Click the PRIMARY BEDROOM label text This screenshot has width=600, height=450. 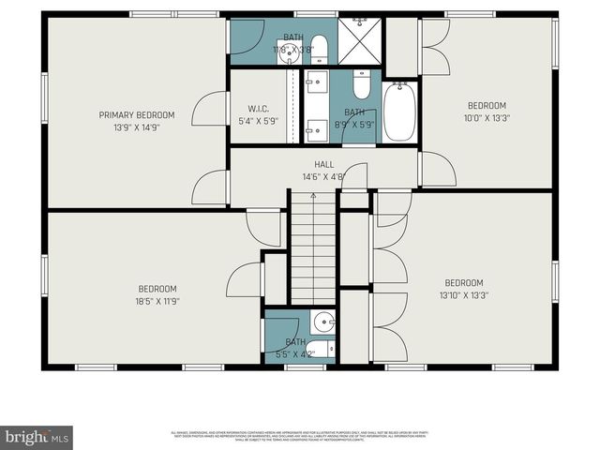coord(136,115)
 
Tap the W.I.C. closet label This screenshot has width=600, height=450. coord(259,109)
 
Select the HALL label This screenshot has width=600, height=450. coord(323,164)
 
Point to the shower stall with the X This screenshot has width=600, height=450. coord(358,39)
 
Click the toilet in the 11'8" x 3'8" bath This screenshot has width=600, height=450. coord(319,47)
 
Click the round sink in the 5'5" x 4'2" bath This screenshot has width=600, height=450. coord(323,322)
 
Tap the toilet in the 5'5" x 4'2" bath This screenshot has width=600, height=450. coord(319,350)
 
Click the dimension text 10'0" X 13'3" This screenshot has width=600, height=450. coord(487,117)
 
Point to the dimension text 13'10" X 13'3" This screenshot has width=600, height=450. coord(463,295)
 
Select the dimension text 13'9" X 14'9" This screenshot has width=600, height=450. coord(136,127)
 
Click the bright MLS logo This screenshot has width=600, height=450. coord(37,438)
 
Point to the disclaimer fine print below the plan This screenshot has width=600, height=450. coord(300,434)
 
